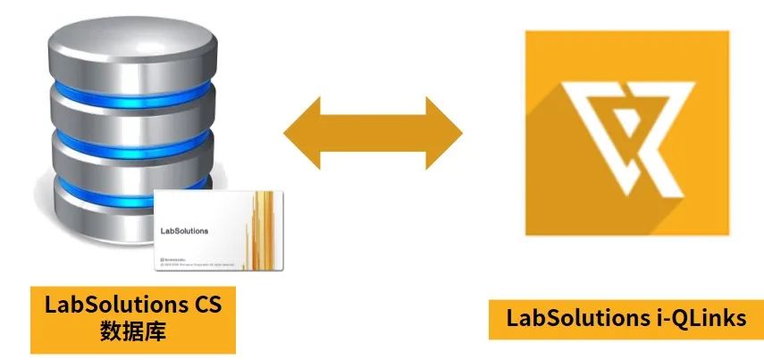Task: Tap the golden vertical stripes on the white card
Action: (263, 228)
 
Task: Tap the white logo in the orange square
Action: (626, 134)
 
